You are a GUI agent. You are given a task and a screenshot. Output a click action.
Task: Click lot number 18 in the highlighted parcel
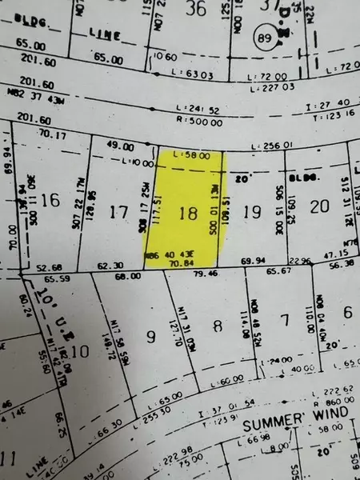click(x=189, y=213)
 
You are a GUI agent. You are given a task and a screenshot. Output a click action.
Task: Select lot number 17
click(x=118, y=212)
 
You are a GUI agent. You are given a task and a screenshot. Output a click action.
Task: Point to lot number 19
click(x=251, y=212)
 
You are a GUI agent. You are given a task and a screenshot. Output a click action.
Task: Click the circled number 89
click(x=262, y=38)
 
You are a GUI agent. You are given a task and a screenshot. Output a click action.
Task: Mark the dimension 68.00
click(x=129, y=276)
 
